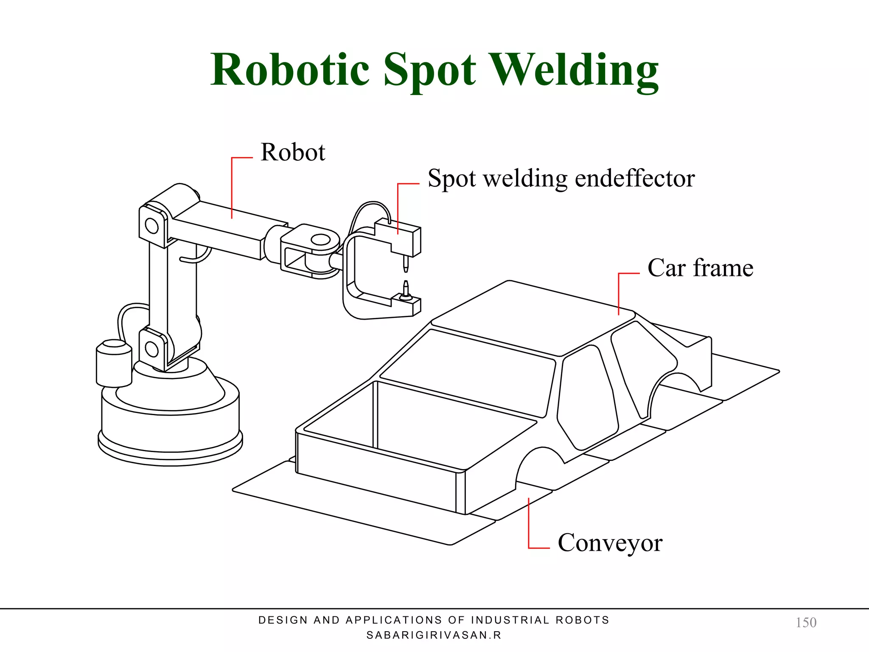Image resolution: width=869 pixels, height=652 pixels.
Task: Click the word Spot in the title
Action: (x=429, y=70)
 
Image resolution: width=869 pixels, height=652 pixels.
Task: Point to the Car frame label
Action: (x=700, y=268)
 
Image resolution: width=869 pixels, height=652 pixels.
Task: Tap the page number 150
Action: (x=806, y=622)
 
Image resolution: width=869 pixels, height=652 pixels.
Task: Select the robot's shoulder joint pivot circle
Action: (x=151, y=225)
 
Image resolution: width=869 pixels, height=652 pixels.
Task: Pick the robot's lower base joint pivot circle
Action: (x=151, y=349)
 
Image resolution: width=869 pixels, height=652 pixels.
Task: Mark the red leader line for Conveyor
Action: (x=529, y=526)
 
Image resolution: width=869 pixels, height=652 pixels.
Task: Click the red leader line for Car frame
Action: (x=619, y=293)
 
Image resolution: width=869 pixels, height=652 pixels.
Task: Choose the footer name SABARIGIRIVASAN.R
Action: (x=434, y=635)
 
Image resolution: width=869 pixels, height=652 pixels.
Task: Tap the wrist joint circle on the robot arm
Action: (x=321, y=240)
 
